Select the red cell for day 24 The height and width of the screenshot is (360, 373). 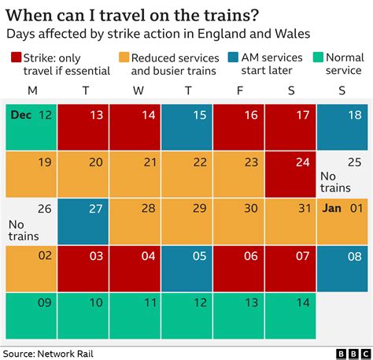[290, 173]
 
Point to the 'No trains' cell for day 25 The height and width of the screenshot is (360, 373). [342, 173]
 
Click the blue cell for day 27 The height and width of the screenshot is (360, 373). [83, 221]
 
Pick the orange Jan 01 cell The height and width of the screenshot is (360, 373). [342, 221]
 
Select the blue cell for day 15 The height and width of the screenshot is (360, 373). [186, 126]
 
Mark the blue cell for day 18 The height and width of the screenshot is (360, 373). [342, 126]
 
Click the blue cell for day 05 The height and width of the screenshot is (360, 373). [186, 268]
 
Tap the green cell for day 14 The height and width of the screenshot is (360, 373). [290, 315]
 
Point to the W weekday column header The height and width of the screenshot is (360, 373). [138, 91]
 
